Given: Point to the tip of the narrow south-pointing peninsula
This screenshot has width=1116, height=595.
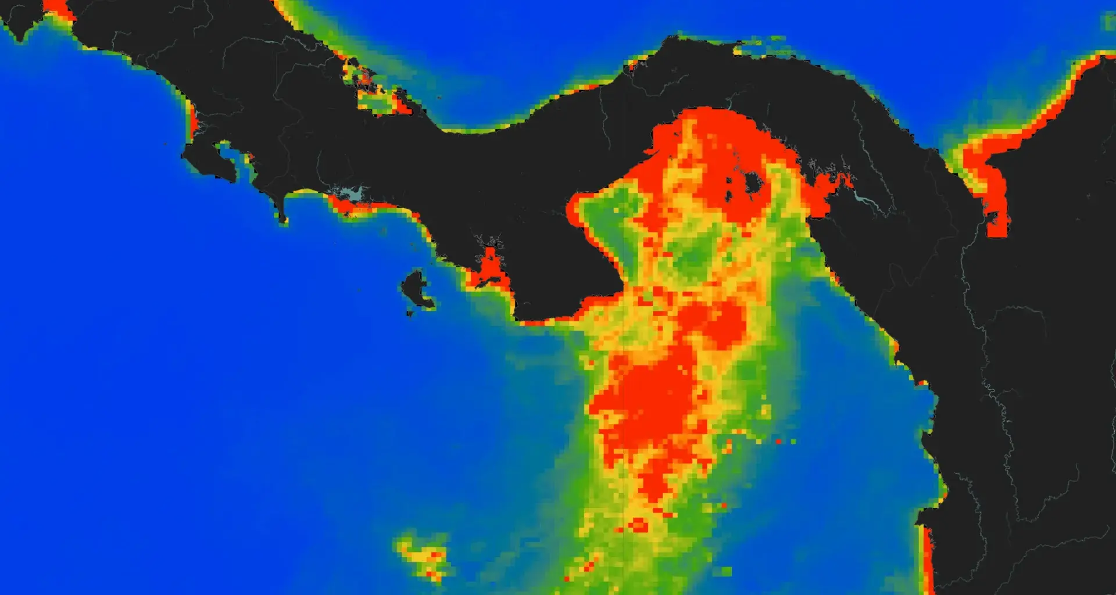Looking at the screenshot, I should [282, 220].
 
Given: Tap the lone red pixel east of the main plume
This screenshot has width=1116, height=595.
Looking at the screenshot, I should [778, 442].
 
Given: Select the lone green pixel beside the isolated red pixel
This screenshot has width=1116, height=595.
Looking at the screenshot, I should [793, 442].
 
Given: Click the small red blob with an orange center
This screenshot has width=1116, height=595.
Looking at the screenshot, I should [638, 526].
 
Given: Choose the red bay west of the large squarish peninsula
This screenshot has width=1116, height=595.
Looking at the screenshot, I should [490, 268].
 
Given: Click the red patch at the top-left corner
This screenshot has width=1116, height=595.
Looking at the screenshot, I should [58, 8].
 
